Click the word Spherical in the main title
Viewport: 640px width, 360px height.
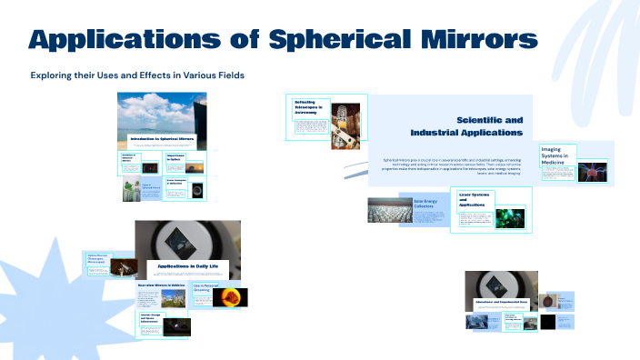tap(357, 40)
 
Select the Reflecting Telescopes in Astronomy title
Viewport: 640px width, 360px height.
tap(308, 108)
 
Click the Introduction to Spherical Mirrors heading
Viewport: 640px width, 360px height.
tap(163, 139)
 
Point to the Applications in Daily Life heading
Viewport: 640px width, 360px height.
tap(187, 265)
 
